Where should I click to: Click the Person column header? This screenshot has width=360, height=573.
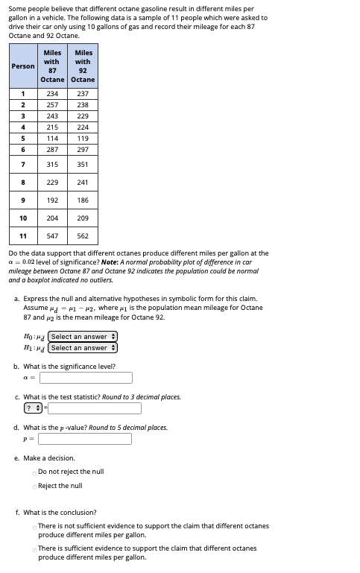click(23, 66)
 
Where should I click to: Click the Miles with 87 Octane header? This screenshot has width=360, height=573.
click(52, 66)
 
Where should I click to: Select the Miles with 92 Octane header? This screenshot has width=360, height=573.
click(83, 66)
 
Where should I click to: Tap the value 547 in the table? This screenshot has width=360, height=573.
click(52, 236)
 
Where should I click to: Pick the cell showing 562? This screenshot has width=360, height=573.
click(83, 236)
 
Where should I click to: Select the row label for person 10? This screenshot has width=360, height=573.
click(23, 218)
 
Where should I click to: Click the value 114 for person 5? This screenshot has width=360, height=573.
click(52, 138)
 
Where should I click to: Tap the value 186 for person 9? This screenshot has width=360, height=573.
click(83, 200)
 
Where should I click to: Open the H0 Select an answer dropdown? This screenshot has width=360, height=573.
click(83, 337)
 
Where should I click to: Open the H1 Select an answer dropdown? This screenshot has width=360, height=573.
click(83, 348)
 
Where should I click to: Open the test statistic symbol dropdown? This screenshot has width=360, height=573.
click(33, 408)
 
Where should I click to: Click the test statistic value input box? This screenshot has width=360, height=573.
click(95, 408)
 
